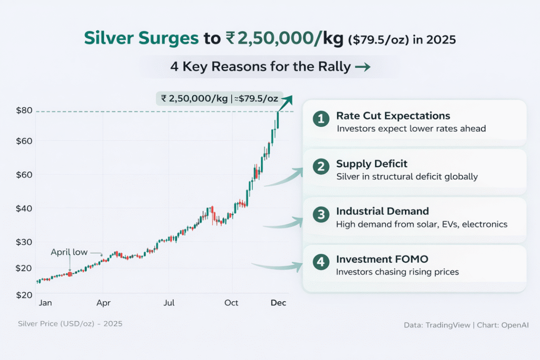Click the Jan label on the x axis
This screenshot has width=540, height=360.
coord(45,303)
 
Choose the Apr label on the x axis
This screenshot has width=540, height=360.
coord(103,303)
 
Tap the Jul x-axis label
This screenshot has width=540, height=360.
coord(169,303)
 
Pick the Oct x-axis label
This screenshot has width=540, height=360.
coord(232,303)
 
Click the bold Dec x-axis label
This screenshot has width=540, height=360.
coord(278,303)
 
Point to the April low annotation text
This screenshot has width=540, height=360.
coord(69,252)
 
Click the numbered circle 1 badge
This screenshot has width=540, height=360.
coord(320,119)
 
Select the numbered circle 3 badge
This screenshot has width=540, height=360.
coord(320,215)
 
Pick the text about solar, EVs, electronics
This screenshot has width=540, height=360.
coord(421,225)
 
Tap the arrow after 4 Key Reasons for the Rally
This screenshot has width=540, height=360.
coord(362,67)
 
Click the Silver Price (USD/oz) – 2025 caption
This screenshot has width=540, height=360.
coord(70,323)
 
